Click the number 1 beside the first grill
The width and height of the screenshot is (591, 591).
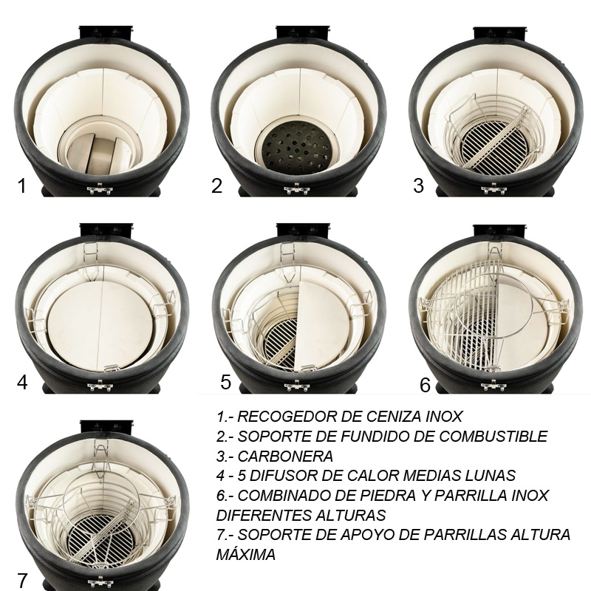coord(22,185)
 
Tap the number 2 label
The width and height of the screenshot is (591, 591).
coord(216,185)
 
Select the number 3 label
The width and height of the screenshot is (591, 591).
coord(419,185)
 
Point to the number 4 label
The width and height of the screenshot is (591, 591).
coord(22,383)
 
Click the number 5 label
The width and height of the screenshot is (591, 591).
coord(226,382)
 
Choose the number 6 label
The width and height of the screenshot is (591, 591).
coord(425,385)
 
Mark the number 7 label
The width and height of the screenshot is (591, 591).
coord(22,581)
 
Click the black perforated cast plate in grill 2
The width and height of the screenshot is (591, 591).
coord(295,145)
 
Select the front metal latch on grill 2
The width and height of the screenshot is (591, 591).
coord(295,190)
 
